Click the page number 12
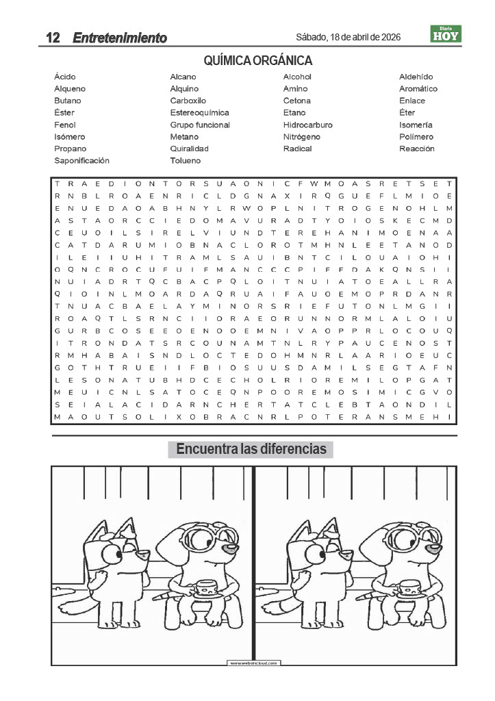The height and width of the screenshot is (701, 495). point(52,38)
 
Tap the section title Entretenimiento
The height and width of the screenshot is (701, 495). point(120,38)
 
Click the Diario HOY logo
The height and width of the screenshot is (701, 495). point(446,34)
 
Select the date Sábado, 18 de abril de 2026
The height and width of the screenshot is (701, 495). point(348,37)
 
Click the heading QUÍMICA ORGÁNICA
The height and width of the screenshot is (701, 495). point(258,61)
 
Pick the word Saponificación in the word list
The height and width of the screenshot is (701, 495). point(81,161)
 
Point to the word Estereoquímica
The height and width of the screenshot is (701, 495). point(199,113)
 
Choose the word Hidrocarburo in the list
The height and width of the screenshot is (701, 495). point(307,125)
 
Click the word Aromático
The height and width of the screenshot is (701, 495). point(418,89)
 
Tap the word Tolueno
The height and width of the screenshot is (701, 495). point(186,161)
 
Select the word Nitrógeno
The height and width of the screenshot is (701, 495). point(301,137)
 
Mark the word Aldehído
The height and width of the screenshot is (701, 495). point(416,77)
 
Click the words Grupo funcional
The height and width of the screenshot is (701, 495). point(200,125)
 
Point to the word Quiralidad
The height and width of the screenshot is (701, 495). point(189,149)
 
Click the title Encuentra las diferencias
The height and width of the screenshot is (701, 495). point(251,450)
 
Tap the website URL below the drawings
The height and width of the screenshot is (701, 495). point(254,663)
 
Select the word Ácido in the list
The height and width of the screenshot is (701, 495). point(65,77)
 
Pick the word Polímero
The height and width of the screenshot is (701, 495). point(416,137)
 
